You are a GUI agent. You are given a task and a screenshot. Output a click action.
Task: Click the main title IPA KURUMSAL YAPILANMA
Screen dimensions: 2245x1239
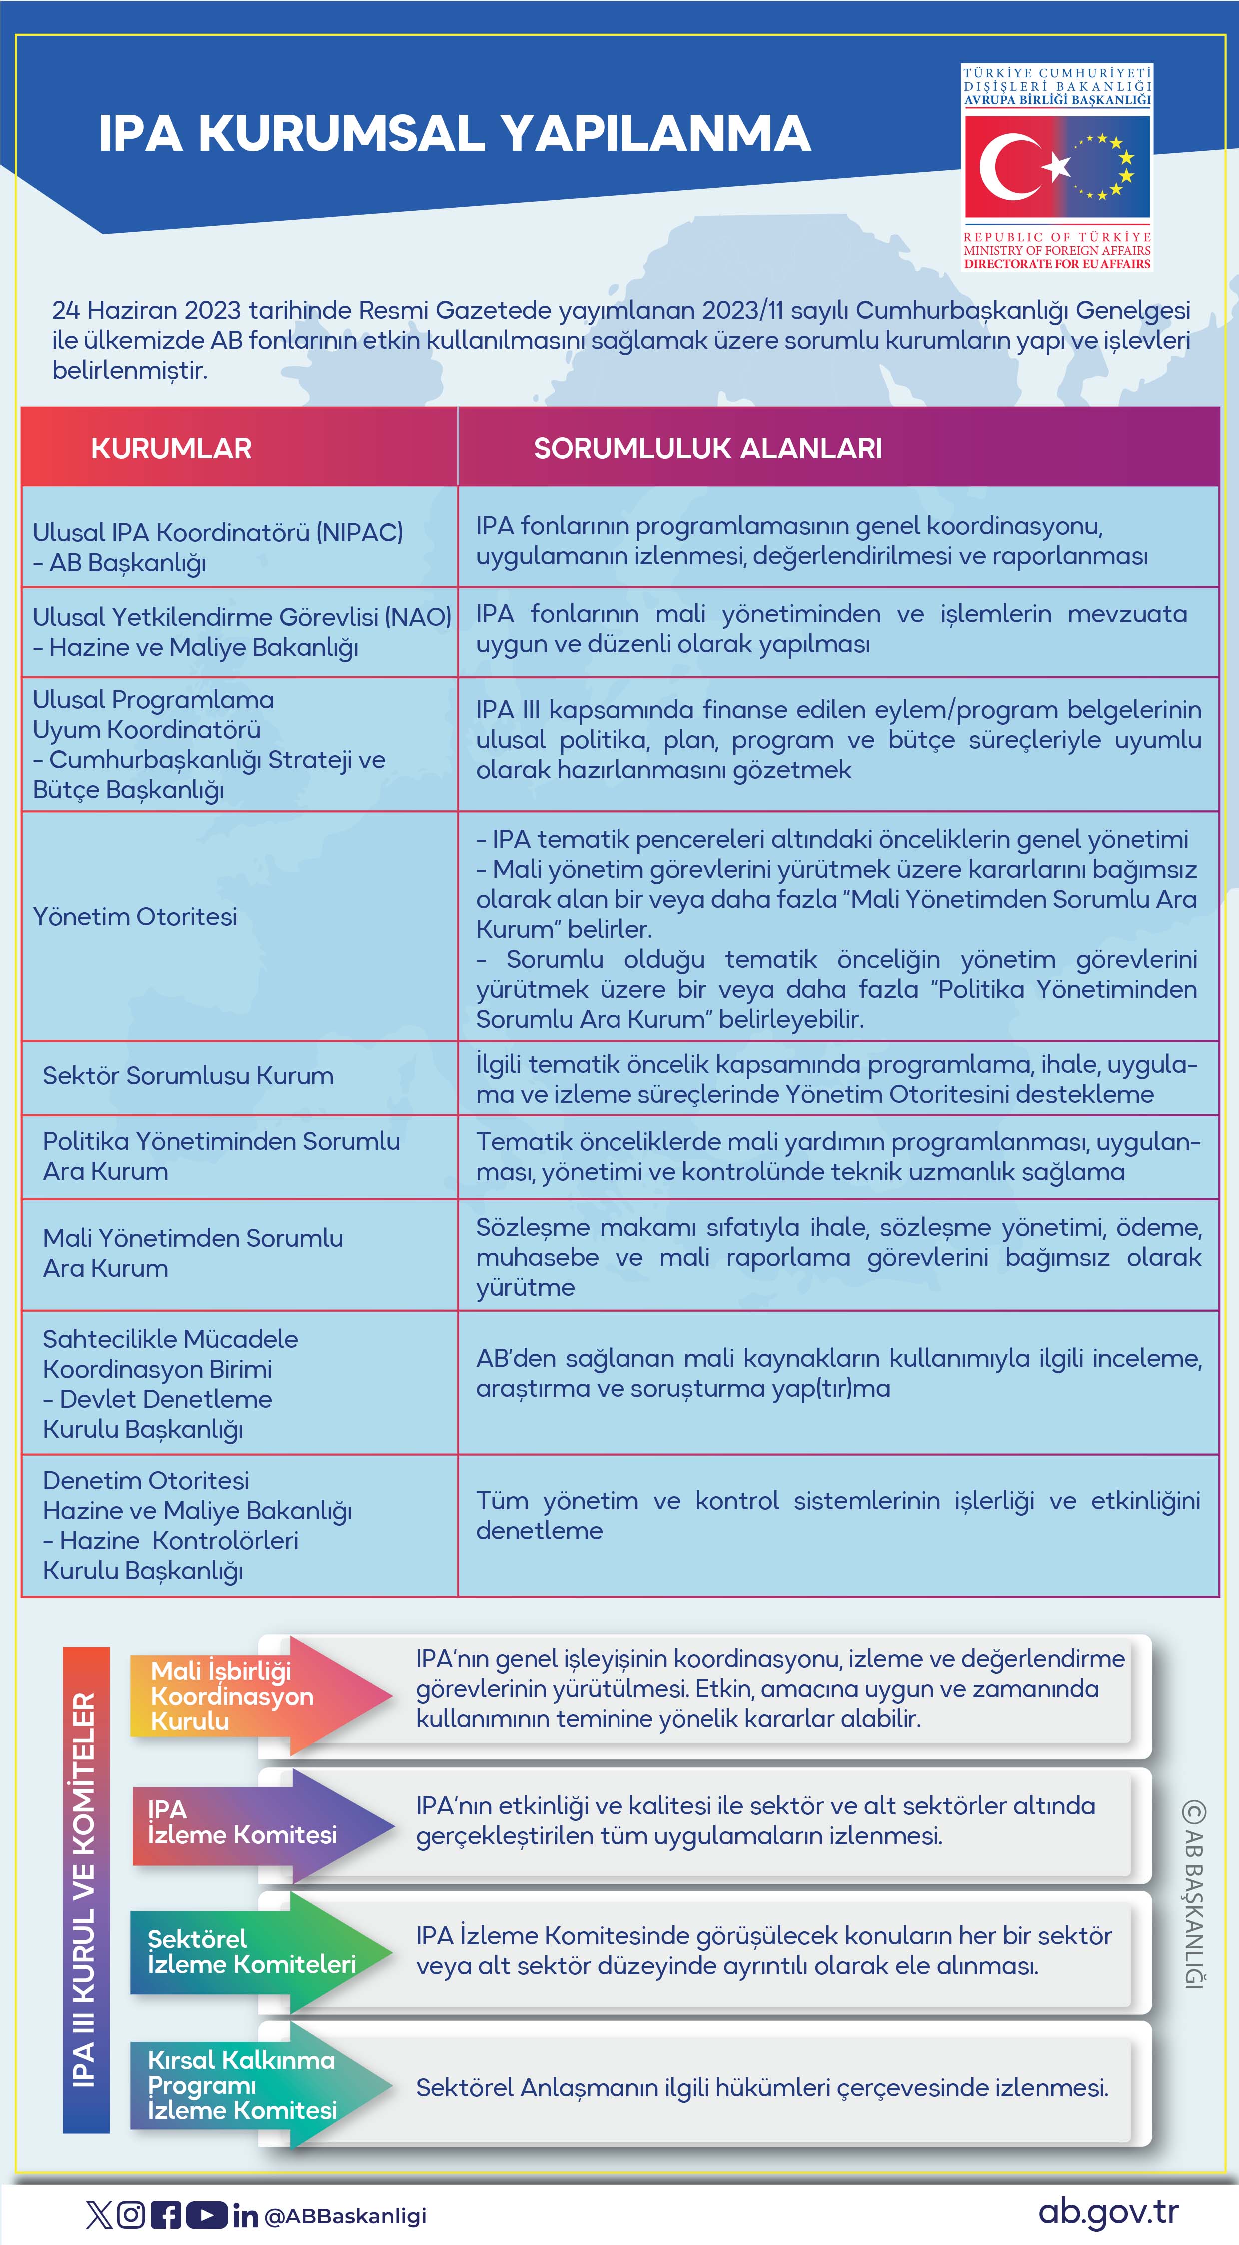point(454,134)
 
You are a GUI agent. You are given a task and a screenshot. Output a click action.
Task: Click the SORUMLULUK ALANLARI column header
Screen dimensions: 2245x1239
point(707,449)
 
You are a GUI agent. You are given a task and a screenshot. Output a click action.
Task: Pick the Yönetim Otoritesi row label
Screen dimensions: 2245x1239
point(135,917)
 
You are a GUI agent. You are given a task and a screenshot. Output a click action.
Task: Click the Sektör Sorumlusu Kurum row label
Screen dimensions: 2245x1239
point(188,1076)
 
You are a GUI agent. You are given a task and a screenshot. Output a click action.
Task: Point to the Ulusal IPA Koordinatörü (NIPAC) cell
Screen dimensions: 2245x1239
point(218,547)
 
